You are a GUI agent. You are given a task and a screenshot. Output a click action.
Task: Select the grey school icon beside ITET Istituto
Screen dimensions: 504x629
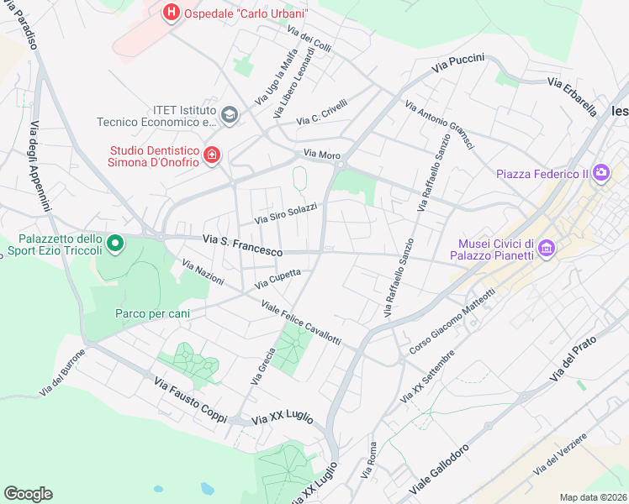[x=229, y=114]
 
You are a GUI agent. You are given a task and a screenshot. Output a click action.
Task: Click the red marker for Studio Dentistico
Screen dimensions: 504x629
[x=212, y=155]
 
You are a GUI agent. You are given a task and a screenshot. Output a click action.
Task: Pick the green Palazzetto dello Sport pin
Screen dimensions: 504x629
[x=115, y=244]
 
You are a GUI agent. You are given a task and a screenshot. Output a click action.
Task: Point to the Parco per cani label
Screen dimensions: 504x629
[x=152, y=313]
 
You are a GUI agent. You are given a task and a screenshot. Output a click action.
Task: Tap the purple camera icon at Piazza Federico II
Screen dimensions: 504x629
[x=600, y=173]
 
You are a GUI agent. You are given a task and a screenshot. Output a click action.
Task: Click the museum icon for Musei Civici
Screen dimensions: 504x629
[x=547, y=248]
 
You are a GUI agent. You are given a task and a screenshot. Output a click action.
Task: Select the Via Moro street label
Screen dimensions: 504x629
[x=322, y=155]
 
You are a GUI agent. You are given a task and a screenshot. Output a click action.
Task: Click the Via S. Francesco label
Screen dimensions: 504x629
[x=242, y=245]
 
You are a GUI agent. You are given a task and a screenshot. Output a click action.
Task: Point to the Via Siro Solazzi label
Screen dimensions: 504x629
[x=287, y=214]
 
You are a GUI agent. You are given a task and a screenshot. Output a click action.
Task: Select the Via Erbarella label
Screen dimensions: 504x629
[x=572, y=95]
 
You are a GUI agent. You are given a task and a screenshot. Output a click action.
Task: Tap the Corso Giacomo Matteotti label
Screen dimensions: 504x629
[x=453, y=321]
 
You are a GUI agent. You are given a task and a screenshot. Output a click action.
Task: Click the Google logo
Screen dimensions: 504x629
[x=28, y=493]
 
